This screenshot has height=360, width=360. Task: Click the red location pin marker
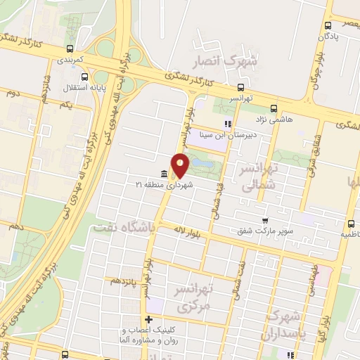(181, 165)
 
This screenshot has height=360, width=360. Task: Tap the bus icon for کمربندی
(69, 49)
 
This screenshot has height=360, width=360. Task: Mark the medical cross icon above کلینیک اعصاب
(148, 320)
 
